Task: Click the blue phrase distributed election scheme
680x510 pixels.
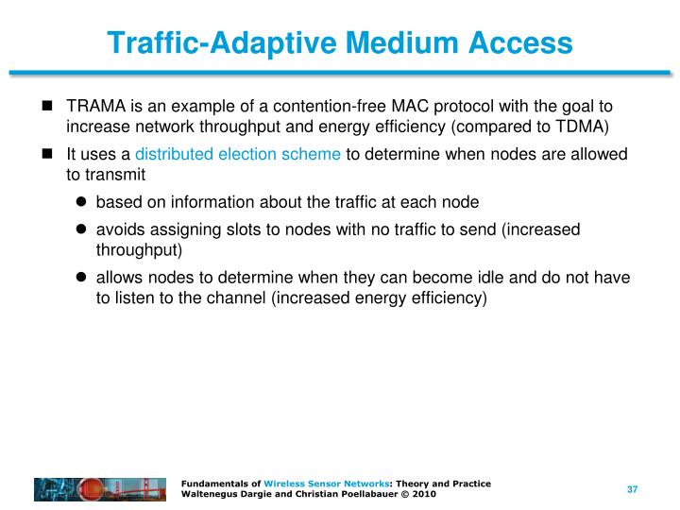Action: pos(238,155)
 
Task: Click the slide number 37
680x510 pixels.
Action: pos(633,489)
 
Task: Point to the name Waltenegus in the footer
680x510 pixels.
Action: pos(208,495)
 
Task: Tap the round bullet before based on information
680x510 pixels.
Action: pos(81,201)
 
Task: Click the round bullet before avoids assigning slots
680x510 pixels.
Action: pos(81,229)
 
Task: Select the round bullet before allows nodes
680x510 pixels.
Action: pos(81,278)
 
